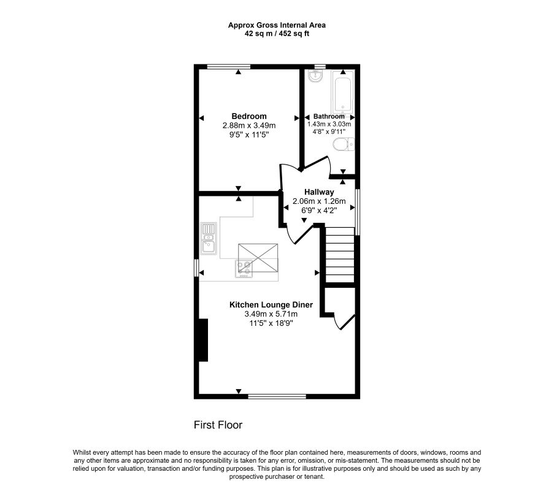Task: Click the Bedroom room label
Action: (x=249, y=116)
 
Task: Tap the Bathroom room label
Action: (x=329, y=116)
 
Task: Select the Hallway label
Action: (x=319, y=192)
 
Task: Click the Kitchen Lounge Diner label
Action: (x=271, y=304)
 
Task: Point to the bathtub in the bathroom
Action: (x=342, y=93)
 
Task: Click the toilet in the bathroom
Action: (x=344, y=145)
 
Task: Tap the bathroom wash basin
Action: (x=315, y=76)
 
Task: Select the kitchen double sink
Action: (x=209, y=238)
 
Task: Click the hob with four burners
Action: (x=244, y=269)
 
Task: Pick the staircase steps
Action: (x=339, y=255)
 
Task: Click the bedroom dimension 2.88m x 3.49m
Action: (x=249, y=125)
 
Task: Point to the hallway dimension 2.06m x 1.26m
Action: (x=319, y=201)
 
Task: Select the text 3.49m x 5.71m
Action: (x=271, y=314)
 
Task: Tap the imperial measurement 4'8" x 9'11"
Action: (x=329, y=131)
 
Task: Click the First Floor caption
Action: (x=218, y=425)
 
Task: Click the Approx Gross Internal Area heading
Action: (x=277, y=25)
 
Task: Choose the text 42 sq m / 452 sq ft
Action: (x=277, y=34)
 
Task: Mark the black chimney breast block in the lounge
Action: (x=203, y=340)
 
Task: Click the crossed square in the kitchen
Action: (x=258, y=258)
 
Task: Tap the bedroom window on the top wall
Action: (x=229, y=66)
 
